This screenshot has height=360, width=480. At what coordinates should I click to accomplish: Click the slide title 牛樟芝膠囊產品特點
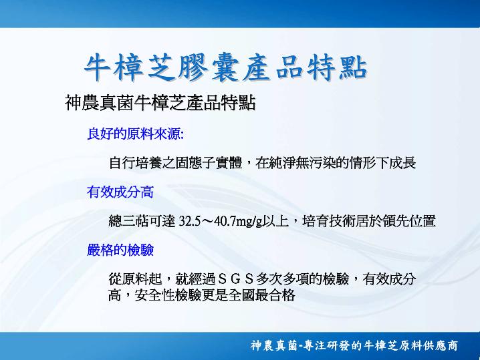click(x=226, y=67)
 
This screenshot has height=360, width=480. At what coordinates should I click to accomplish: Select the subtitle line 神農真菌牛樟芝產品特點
click(x=160, y=103)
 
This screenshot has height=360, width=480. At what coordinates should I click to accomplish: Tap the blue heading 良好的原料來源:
click(x=135, y=134)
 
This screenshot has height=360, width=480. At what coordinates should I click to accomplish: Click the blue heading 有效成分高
click(x=120, y=192)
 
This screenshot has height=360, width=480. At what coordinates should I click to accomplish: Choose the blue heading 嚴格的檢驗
click(x=120, y=250)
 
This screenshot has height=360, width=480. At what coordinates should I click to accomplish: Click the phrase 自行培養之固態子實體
click(x=176, y=163)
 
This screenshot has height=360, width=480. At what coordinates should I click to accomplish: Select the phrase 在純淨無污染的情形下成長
click(x=336, y=163)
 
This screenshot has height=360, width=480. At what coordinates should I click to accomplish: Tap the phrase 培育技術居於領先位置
click(x=369, y=221)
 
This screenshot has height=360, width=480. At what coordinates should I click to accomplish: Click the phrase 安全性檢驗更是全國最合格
click(x=215, y=295)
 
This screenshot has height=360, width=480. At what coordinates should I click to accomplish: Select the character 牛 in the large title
click(x=98, y=67)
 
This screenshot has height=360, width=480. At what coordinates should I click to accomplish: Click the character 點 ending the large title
click(x=353, y=67)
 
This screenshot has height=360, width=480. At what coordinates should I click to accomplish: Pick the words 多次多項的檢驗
click(x=302, y=279)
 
